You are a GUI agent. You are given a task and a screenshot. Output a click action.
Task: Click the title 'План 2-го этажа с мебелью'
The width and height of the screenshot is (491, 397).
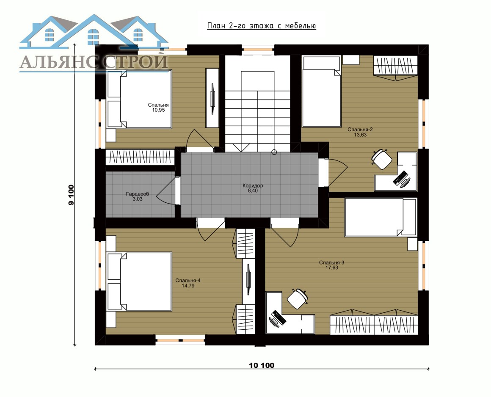click(x=262, y=26)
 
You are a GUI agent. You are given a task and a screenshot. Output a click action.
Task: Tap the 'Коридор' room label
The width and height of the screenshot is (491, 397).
click(x=253, y=185)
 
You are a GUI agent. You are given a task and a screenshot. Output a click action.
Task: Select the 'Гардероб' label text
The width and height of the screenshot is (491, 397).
click(x=138, y=194)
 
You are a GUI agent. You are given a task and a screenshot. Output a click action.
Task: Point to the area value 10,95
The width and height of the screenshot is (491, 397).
click(x=158, y=110)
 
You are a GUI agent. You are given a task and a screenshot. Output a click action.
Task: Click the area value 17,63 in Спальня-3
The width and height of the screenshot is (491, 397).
click(x=331, y=267)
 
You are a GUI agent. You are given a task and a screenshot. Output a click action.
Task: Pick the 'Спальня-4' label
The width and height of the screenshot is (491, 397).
click(x=188, y=280)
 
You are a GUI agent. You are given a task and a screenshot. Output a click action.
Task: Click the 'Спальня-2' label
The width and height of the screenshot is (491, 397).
click(x=360, y=130)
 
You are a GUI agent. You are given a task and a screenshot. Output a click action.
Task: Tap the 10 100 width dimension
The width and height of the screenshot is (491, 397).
click(x=262, y=365)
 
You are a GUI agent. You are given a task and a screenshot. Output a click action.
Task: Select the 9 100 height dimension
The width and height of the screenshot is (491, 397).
click(x=71, y=195)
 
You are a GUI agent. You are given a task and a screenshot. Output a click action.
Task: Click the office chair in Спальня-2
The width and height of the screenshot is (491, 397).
click(x=382, y=159)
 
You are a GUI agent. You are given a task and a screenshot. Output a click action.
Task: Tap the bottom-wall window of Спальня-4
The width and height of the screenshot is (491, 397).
click(x=180, y=340)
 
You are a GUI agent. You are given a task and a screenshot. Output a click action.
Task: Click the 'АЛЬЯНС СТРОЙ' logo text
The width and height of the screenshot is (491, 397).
click(x=94, y=62)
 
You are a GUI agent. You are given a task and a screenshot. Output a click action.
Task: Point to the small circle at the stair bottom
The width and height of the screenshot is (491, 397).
click(x=274, y=152)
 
